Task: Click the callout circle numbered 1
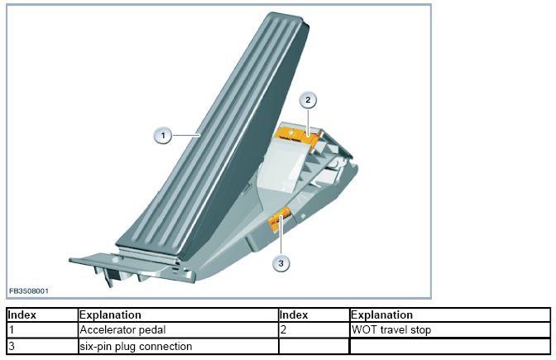pos(164,135)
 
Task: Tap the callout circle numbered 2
pos(308,100)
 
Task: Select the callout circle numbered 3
pos(281,263)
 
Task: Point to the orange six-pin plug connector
pos(279,219)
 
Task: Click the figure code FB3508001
pos(29,291)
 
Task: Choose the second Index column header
pos(294,315)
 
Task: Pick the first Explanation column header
pos(110,315)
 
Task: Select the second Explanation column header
pos(381,315)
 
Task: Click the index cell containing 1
pos(12,330)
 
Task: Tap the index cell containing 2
pos(283,330)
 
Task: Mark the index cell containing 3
pos(12,346)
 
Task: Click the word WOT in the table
pos(364,330)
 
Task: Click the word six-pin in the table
pos(94,346)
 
